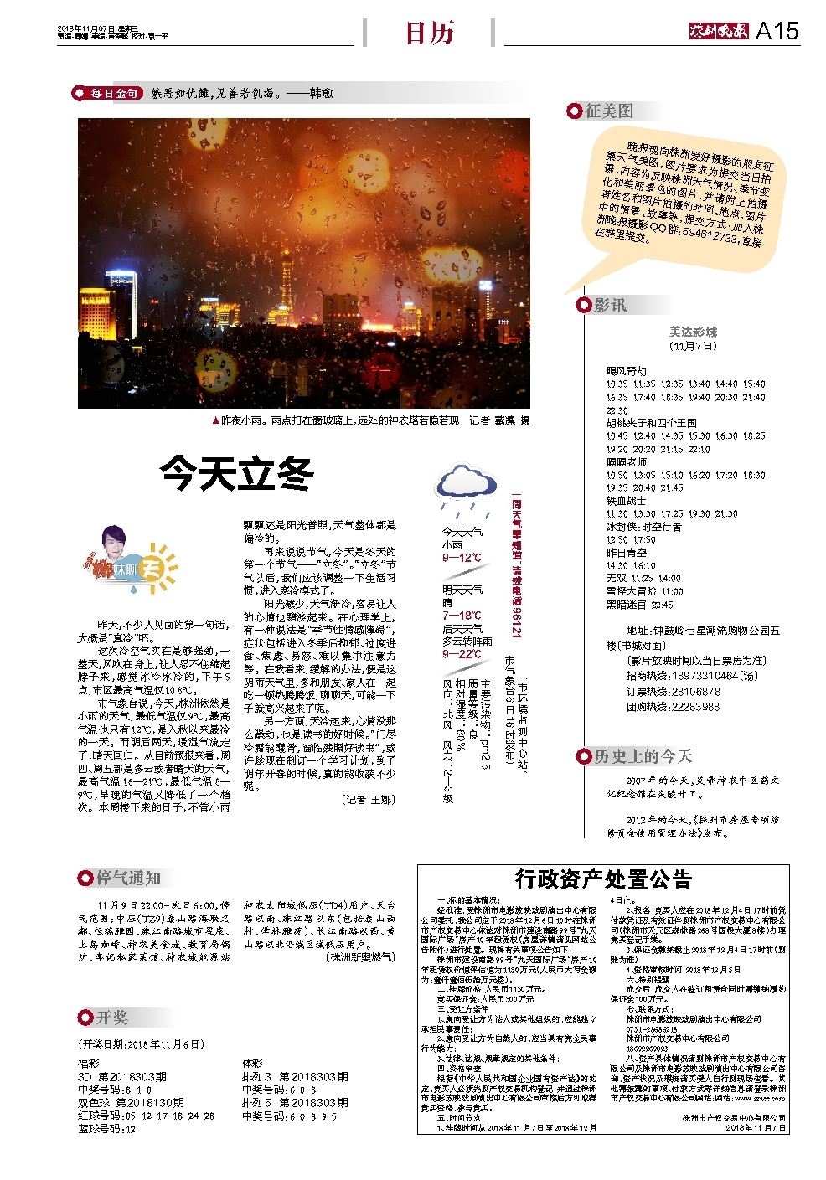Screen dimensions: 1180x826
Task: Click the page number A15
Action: point(777,31)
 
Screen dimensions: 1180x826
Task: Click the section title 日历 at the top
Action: point(429,33)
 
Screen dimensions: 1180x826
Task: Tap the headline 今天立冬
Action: point(237,473)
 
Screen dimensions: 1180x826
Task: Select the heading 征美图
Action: point(609,111)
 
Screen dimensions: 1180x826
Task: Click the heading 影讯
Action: point(609,305)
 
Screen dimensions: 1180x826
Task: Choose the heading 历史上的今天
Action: point(643,756)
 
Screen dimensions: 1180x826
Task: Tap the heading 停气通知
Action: point(127,878)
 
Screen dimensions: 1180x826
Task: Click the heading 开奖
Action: point(111,1017)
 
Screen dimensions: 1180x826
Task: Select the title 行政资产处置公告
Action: point(603,879)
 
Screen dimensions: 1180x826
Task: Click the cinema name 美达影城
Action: point(693,332)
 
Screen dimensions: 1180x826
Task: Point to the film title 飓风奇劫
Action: point(627,371)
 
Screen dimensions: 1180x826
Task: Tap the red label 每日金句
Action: point(114,94)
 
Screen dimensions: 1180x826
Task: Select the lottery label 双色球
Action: point(95,1102)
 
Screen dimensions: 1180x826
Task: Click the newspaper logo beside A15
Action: point(716,32)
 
